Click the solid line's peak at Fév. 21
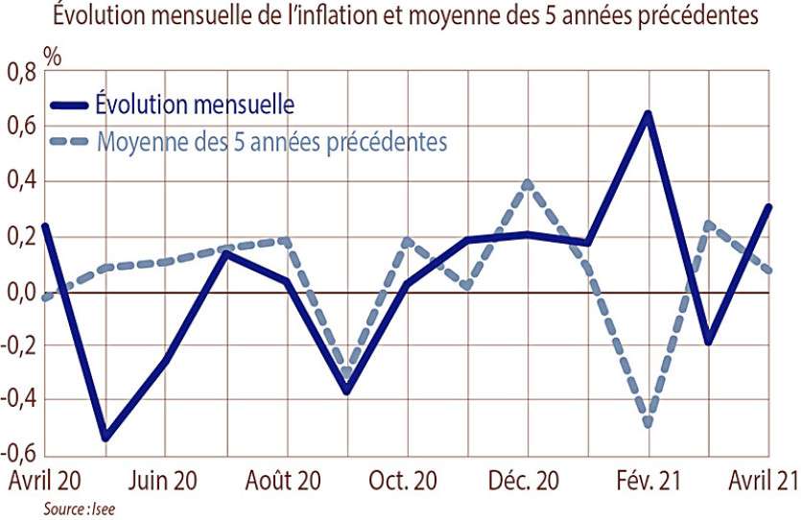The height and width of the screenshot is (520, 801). pyautogui.click(x=648, y=114)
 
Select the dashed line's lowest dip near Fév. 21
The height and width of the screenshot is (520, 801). pyautogui.click(x=648, y=423)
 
